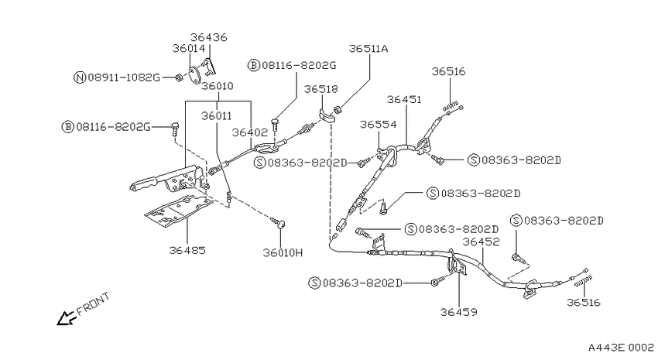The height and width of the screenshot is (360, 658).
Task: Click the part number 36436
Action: (x=208, y=37)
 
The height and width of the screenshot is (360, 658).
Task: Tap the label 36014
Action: (x=189, y=48)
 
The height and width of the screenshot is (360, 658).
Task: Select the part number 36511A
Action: (x=368, y=49)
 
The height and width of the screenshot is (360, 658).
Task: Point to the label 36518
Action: (x=321, y=89)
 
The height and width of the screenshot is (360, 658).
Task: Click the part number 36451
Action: (x=404, y=99)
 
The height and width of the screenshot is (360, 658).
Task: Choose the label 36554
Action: (x=378, y=124)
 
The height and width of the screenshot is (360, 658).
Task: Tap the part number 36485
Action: (x=187, y=251)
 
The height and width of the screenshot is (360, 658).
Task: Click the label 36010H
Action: (x=283, y=252)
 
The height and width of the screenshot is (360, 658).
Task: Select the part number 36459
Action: (x=459, y=312)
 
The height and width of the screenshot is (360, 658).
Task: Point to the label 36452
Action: (x=482, y=242)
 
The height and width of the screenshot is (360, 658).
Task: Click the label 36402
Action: (x=250, y=132)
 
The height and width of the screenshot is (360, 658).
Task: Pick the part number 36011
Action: (x=216, y=116)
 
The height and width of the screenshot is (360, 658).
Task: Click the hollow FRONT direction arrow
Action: (x=66, y=318)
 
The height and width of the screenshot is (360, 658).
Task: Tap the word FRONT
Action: (x=94, y=303)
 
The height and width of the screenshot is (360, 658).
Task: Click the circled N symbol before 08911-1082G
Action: (x=80, y=77)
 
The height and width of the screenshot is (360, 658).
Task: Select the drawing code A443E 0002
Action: (x=621, y=348)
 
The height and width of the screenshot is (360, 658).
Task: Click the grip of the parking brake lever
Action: (x=143, y=183)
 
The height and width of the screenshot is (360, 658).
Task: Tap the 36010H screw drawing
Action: (x=278, y=222)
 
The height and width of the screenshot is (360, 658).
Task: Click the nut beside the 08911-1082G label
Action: (x=178, y=77)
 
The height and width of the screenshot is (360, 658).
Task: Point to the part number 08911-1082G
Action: (x=124, y=77)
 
